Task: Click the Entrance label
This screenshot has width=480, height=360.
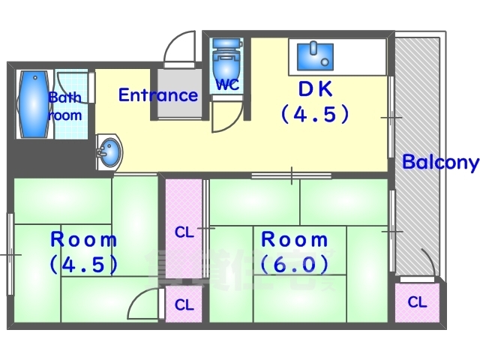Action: coord(158,95)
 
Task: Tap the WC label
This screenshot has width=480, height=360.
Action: coord(227,84)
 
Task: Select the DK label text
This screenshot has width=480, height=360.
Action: coord(315,88)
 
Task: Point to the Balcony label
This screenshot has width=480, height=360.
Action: coord(439,163)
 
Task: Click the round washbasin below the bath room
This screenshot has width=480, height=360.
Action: coord(109,152)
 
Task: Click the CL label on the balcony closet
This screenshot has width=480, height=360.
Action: coord(417,302)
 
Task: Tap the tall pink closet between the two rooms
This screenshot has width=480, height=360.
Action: coord(184,232)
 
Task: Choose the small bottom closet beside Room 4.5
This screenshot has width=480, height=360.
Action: coord(184,306)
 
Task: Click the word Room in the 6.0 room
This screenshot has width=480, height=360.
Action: coord(295,240)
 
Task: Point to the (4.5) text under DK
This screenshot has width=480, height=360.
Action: coord(315,115)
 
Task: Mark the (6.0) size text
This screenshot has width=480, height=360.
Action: coord(295,265)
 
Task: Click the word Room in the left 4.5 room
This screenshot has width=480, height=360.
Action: coord(84,240)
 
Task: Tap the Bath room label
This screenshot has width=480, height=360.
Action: coord(64,106)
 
